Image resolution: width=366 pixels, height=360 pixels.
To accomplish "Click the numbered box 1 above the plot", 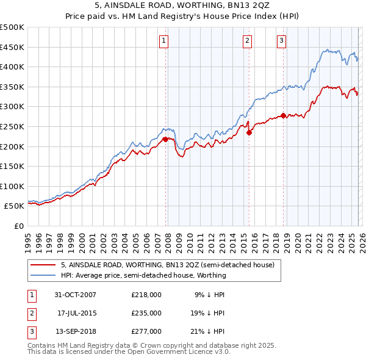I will click(x=165, y=41).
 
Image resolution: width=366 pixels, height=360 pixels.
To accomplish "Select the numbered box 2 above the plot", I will click(x=247, y=41).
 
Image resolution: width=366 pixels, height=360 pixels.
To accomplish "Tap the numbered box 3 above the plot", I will click(x=281, y=41).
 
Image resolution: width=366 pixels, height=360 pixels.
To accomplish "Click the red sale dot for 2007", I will click(x=165, y=139).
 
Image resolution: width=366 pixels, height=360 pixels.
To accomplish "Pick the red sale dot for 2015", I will click(x=249, y=132).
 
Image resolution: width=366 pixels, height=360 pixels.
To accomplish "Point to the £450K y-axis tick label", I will click(x=12, y=47).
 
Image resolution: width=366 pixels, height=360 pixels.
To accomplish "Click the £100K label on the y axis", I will click(x=12, y=186).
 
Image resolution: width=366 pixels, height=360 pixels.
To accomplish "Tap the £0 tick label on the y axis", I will click(x=20, y=226).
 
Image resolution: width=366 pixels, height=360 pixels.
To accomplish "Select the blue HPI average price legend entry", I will click(x=143, y=275).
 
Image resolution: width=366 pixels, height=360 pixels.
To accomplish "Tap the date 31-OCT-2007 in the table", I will click(x=75, y=294).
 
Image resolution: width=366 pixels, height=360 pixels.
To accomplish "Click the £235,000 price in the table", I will click(x=146, y=313).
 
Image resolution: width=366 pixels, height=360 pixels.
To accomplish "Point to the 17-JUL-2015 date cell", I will click(x=76, y=313).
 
